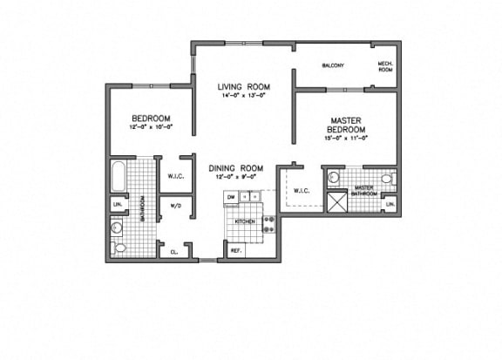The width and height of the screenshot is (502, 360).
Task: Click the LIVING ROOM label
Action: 243,87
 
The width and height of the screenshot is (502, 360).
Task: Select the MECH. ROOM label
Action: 384,67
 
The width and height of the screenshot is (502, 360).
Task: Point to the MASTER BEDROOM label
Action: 346,124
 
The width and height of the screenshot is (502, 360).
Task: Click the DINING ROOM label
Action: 235,167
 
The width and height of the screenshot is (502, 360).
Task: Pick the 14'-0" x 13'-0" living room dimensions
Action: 243,96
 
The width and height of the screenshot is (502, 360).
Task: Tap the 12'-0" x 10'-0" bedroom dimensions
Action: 150,128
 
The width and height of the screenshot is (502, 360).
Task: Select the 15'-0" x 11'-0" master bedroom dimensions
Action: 346,138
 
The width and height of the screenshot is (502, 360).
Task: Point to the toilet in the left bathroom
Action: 120,248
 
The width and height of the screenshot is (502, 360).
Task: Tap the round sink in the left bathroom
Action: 117,227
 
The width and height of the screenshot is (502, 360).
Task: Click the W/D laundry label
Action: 175,206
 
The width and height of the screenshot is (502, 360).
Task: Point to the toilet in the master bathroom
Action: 334,177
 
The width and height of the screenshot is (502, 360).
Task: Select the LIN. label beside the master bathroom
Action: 390,205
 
